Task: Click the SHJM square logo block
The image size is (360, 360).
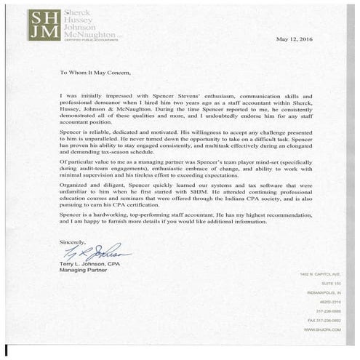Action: [x=44, y=25]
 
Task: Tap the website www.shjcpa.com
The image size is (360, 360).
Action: [x=318, y=329]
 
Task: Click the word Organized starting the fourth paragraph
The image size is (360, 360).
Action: [x=76, y=185]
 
